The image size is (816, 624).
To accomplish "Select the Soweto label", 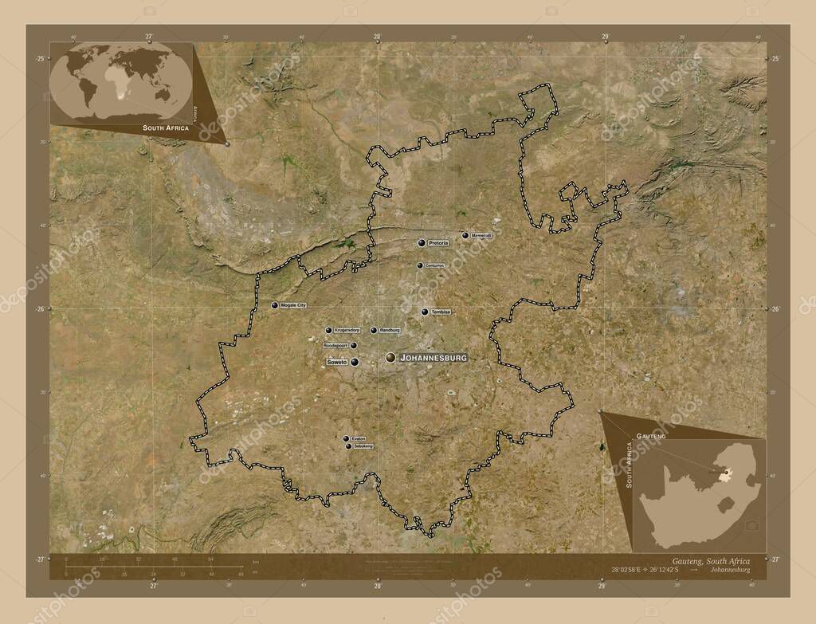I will tap(337, 362).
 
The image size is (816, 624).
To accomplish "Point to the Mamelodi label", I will tap(482, 236).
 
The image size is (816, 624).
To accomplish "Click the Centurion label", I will tap(434, 265).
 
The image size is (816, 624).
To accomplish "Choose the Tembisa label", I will tap(441, 312).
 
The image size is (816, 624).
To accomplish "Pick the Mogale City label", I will tap(294, 305).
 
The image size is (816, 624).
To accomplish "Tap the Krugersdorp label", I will tap(347, 330).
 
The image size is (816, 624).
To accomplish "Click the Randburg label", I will tap(390, 330).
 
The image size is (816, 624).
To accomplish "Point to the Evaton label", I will tap(359, 439).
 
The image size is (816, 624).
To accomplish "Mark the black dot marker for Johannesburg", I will tap(390, 359).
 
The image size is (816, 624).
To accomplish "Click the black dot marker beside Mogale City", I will tap(275, 305).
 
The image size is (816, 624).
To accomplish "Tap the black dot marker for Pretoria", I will tap(422, 242).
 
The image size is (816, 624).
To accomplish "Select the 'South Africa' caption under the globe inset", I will tap(166, 128).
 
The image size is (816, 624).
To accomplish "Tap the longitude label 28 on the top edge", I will tap(377, 37).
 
